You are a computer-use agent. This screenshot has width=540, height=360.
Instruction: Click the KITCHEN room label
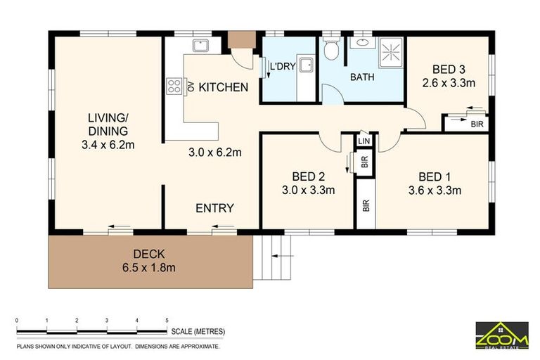223,87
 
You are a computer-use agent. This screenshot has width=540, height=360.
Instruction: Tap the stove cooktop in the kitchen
174,86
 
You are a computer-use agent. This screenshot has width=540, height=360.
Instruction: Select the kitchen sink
200,45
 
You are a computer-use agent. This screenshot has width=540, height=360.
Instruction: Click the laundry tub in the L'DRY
305,65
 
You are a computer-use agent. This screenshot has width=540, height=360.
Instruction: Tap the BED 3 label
449,69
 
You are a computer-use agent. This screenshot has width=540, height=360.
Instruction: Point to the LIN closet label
364,141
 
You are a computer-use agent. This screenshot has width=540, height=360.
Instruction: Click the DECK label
150,254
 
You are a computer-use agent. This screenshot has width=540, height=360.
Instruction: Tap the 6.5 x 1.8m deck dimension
150,267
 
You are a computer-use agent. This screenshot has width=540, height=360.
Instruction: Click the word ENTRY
214,208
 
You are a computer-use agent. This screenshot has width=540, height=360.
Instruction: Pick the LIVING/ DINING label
108,124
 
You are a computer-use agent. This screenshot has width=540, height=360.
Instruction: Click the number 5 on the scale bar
167,321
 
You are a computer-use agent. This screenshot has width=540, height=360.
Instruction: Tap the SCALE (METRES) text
199,330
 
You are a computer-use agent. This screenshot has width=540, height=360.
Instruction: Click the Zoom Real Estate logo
501,335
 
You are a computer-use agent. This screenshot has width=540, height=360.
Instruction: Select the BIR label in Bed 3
477,124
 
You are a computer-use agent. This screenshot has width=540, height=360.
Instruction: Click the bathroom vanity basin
361,43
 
